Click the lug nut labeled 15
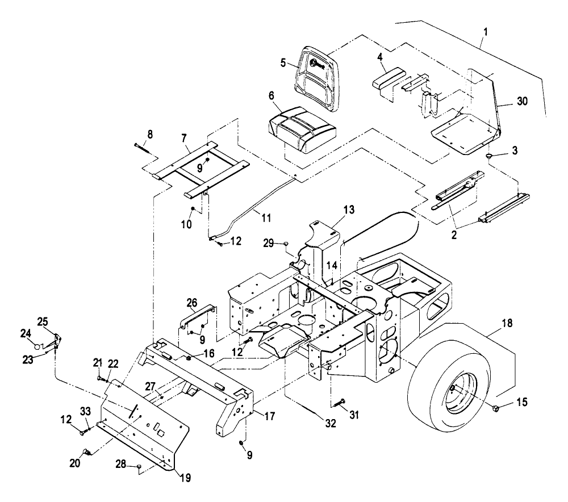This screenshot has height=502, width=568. point(495,408)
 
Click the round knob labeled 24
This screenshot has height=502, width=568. point(36,346)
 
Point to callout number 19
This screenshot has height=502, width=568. point(186,478)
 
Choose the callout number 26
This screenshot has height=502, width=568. point(191,302)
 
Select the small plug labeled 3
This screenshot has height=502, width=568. point(490,156)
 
